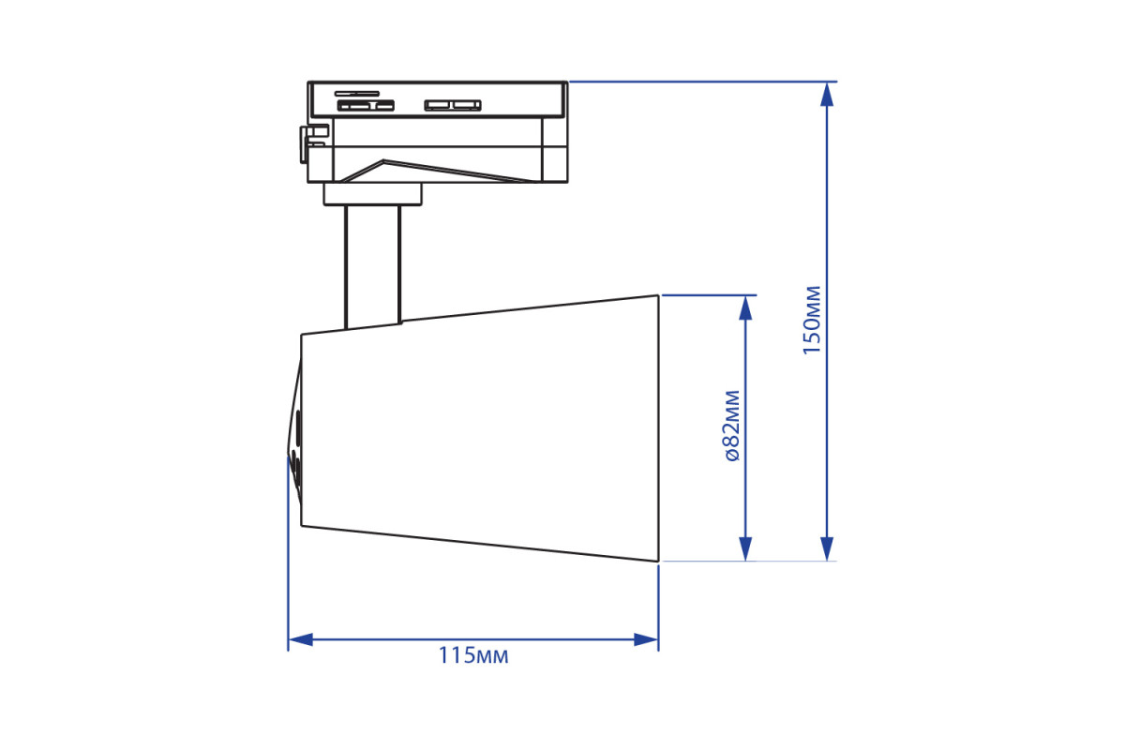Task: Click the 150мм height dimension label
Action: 812,321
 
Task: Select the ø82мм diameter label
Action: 733,426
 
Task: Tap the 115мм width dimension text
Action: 473,656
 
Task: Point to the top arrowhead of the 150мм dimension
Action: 827,95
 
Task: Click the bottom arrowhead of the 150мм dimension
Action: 827,548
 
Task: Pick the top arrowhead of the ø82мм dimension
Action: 746,307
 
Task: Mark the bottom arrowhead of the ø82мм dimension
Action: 746,548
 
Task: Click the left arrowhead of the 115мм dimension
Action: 300,639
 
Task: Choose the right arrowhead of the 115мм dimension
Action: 646,639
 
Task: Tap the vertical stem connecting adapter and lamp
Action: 373,266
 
